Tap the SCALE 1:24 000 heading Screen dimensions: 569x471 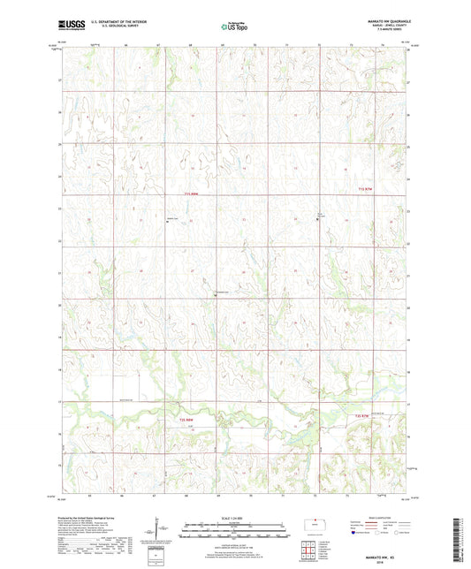233,518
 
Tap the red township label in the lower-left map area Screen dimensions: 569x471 186,420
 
